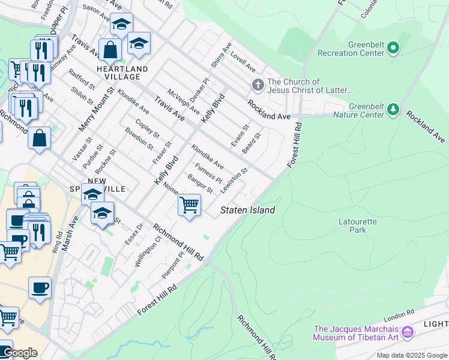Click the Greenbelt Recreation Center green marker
pyautogui.click(x=393, y=47)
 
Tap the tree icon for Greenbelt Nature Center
pyautogui.click(x=393, y=109)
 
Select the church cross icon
pyautogui.click(x=258, y=85)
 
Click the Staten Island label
pyautogui.click(x=248, y=210)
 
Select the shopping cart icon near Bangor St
pyautogui.click(x=190, y=205)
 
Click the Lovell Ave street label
pyautogui.click(x=243, y=61)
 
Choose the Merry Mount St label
pyautogui.click(x=95, y=110)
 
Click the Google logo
pyautogui.click(x=19, y=353)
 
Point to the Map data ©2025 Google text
pyautogui.click(x=412, y=355)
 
